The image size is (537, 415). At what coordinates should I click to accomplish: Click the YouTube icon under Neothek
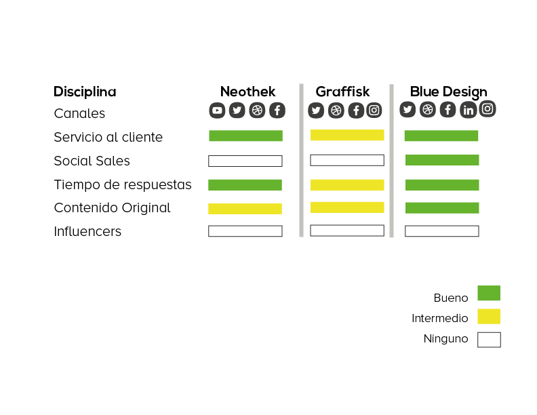click(x=217, y=111)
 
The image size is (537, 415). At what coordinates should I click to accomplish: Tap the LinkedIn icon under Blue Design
click(x=468, y=110)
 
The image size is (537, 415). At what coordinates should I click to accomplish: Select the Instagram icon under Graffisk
click(x=374, y=111)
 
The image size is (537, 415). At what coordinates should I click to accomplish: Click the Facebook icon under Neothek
click(x=277, y=111)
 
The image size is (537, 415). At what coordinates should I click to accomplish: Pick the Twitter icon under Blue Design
click(x=407, y=110)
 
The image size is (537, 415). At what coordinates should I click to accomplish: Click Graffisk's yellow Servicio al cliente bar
click(x=347, y=135)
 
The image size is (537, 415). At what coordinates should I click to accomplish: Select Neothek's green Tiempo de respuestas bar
click(x=245, y=185)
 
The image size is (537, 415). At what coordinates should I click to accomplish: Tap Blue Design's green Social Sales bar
click(x=442, y=160)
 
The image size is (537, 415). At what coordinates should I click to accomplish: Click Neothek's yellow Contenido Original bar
click(x=245, y=209)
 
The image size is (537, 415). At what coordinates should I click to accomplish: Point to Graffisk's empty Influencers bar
click(x=347, y=231)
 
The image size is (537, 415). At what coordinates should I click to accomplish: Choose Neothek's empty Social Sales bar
click(x=245, y=161)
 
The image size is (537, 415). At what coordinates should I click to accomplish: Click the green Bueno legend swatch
click(x=489, y=293)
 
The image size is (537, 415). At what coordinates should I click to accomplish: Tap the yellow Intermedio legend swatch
click(x=489, y=317)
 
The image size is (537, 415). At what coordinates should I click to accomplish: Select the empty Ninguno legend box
click(x=489, y=340)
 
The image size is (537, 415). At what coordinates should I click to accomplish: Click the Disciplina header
click(x=85, y=92)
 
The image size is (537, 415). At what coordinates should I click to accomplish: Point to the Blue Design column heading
click(x=449, y=92)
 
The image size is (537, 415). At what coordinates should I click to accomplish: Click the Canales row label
click(x=79, y=113)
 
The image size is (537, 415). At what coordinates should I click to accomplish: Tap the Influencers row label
click(x=87, y=231)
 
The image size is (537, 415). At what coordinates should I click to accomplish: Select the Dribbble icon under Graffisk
click(x=336, y=111)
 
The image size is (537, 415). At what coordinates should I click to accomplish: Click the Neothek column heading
click(x=248, y=92)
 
